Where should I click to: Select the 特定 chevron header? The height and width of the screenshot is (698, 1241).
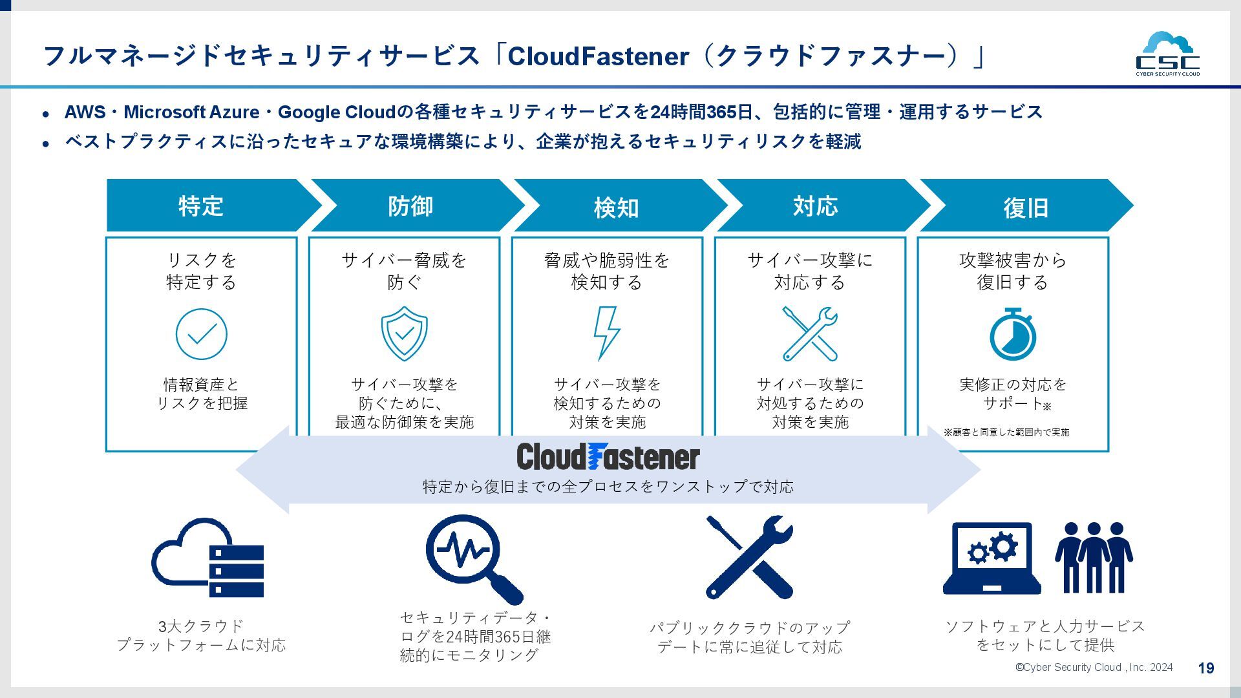coord(202,206)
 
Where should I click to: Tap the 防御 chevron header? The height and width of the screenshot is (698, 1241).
coord(410,206)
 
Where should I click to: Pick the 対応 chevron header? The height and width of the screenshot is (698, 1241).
coord(816,206)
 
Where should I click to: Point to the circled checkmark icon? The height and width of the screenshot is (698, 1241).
coord(202,334)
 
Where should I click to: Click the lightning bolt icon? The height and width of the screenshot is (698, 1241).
coord(606,333)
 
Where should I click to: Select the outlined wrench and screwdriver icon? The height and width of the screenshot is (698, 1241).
coord(810,333)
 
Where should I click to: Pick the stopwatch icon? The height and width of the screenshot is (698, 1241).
coord(1013,334)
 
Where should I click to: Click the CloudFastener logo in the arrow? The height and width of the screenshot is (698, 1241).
coord(608,457)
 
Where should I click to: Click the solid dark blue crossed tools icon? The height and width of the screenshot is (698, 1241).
coord(750,557)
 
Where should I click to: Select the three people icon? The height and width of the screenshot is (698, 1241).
coord(1094,557)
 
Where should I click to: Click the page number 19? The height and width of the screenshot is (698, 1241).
coord(1206,668)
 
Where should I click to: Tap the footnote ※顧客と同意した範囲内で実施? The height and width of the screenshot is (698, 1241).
coord(1006,432)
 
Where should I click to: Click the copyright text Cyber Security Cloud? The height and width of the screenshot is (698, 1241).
coord(1094,668)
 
